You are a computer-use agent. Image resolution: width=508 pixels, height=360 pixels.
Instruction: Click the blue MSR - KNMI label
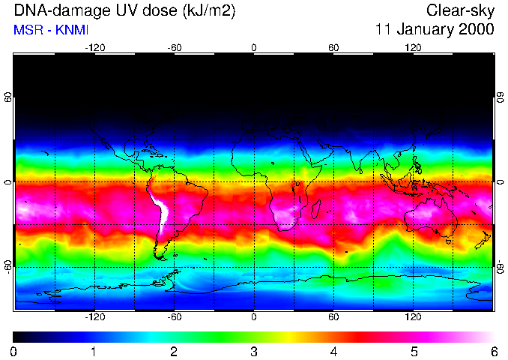point(46,30)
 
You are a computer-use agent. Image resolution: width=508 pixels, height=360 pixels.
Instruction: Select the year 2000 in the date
point(477,30)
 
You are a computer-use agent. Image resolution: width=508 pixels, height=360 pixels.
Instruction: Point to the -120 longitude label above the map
point(94,47)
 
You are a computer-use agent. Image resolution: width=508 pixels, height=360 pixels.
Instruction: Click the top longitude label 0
point(254,47)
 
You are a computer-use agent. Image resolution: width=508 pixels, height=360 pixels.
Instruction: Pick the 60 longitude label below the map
point(333,316)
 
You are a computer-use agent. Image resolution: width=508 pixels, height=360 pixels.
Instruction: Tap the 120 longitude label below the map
point(413,316)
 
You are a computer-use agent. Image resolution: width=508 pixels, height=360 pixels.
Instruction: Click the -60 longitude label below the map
point(174,316)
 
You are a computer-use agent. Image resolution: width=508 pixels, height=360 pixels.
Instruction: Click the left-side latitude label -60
point(8,266)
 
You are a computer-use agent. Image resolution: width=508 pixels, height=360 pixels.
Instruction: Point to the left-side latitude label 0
point(8,182)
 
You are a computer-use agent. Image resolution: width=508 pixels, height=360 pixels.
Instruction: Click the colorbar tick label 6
point(494,351)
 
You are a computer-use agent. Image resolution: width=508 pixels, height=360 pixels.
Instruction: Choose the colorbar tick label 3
point(254,351)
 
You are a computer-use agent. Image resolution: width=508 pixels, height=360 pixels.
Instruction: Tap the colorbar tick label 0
point(14,351)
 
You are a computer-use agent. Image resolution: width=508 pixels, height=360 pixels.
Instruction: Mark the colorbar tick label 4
point(334,351)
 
